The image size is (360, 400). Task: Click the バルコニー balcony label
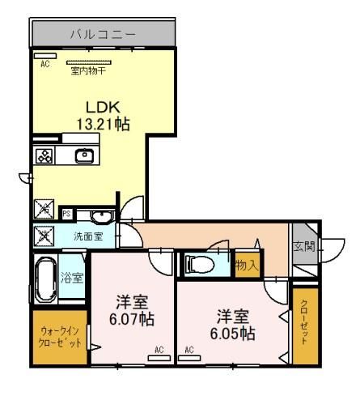click(103, 35)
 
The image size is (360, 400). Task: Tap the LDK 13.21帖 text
click(104, 116)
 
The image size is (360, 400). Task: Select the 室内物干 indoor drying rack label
click(88, 71)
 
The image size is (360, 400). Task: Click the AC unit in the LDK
click(45, 56)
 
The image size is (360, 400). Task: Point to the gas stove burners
click(44, 155)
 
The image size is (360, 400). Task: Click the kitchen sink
click(85, 156)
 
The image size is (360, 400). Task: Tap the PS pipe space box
click(67, 214)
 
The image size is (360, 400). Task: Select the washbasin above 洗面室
click(101, 217)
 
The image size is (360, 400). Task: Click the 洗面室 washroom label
click(88, 236)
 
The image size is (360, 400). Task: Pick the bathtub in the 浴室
click(46, 279)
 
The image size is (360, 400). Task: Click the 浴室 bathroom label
click(72, 278)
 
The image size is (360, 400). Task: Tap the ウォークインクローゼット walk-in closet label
click(60, 337)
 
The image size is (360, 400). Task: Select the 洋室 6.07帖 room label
click(132, 311)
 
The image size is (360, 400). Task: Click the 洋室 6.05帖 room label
click(233, 326)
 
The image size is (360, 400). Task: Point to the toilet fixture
click(200, 264)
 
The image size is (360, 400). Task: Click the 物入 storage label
click(248, 266)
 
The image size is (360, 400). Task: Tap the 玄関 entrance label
click(304, 246)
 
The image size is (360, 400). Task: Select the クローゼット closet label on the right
click(304, 322)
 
